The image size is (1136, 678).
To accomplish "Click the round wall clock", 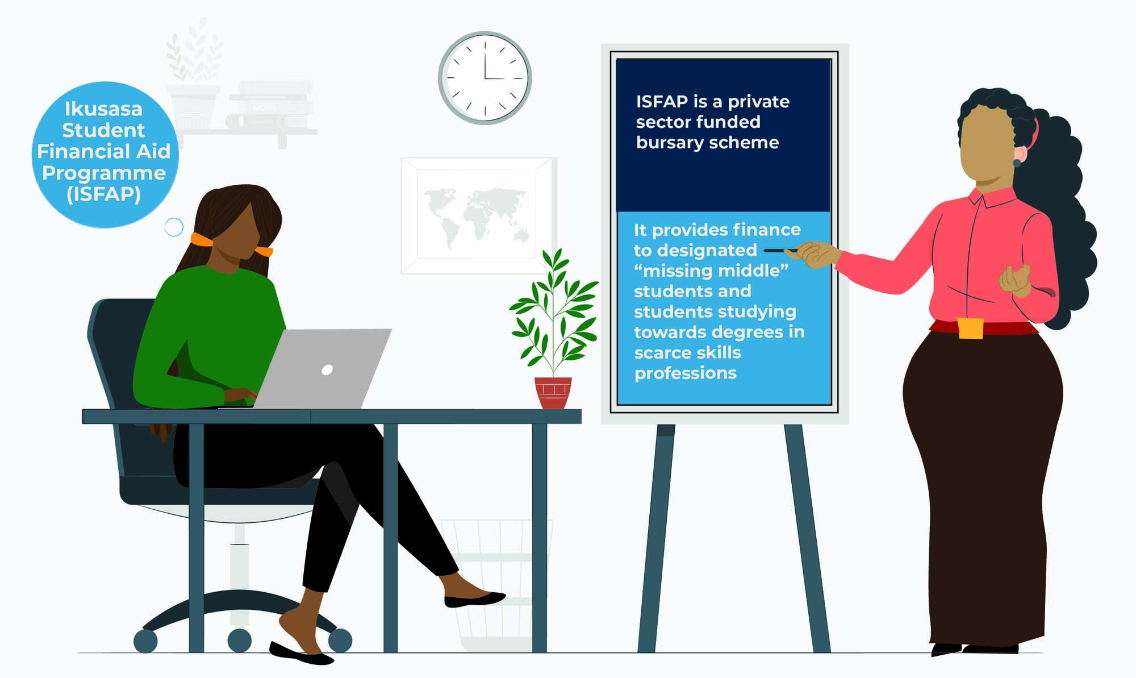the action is coord(485,78).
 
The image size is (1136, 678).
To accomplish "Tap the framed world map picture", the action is coord(479,216).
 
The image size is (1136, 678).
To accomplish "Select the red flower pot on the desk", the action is coord(553,393).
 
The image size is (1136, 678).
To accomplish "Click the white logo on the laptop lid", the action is coord(327,370).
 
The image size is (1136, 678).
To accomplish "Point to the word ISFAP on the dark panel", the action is coord(662,102).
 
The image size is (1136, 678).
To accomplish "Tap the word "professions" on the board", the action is coord(685,373).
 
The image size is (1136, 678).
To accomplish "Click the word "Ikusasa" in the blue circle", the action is coord(103,109).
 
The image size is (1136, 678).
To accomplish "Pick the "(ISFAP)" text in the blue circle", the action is coord(103,194).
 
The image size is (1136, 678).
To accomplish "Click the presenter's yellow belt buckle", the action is coord(970,328).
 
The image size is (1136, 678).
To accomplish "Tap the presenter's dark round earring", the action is coord(1017,163).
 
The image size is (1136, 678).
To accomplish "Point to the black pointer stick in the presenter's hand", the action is coord(782,250).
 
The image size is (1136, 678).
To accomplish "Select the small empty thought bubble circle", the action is coord(174,227).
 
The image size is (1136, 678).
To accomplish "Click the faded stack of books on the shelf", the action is coord(272,105).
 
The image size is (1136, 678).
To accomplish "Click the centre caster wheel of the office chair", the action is coord(239,640).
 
